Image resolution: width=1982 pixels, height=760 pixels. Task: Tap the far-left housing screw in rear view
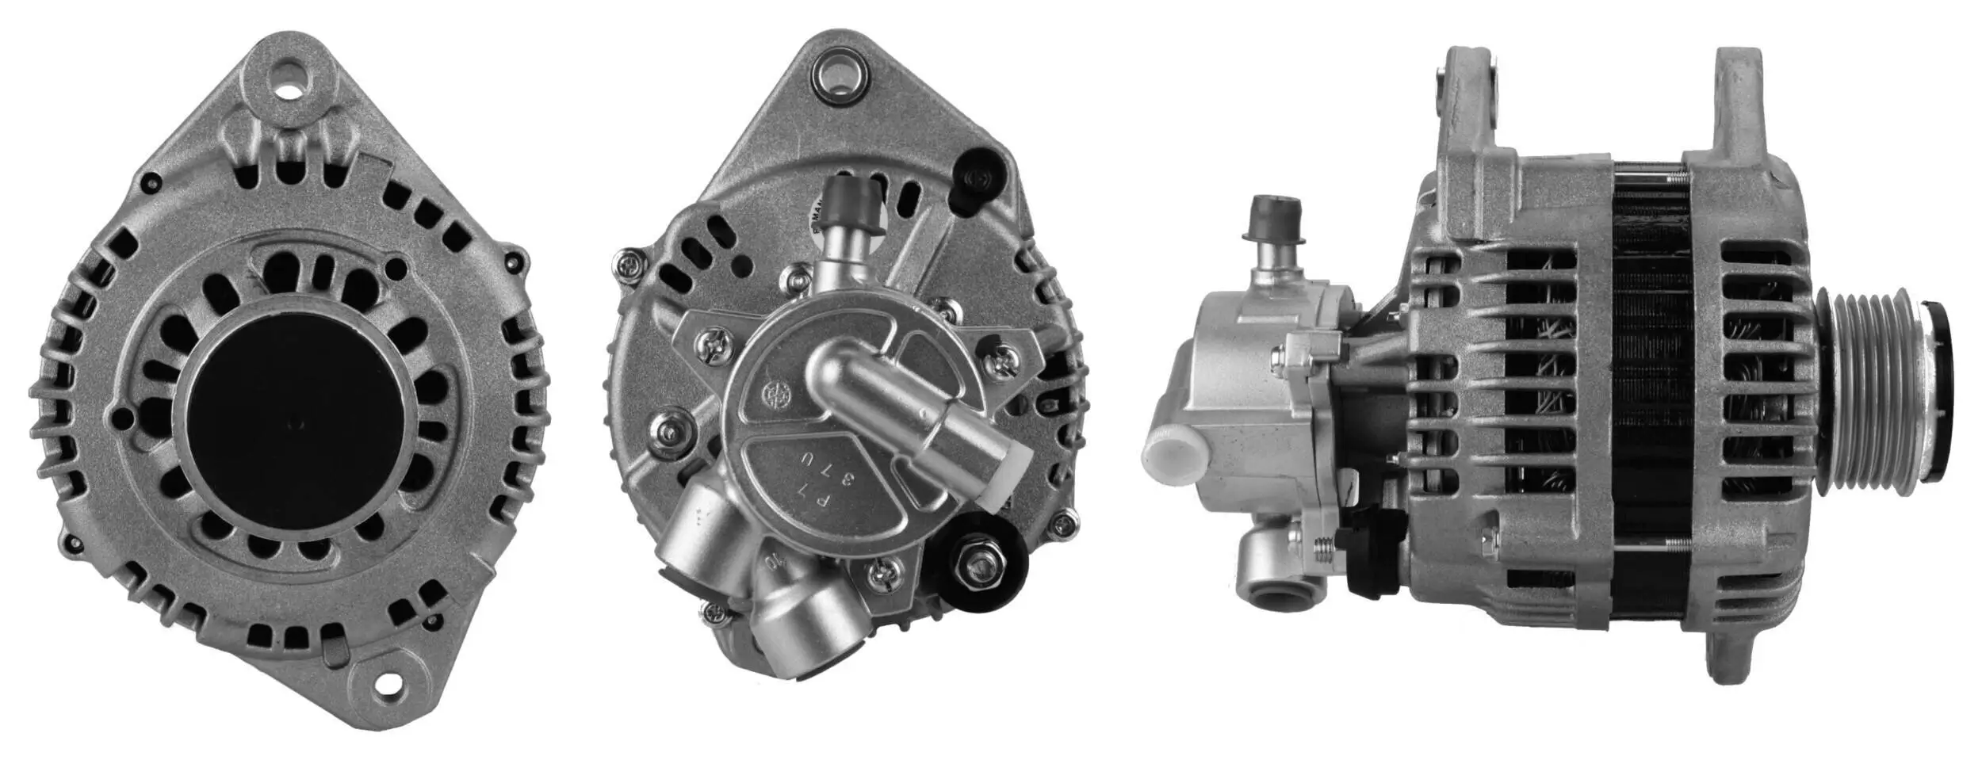629,263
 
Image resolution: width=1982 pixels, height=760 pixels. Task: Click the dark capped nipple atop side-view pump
1273,219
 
